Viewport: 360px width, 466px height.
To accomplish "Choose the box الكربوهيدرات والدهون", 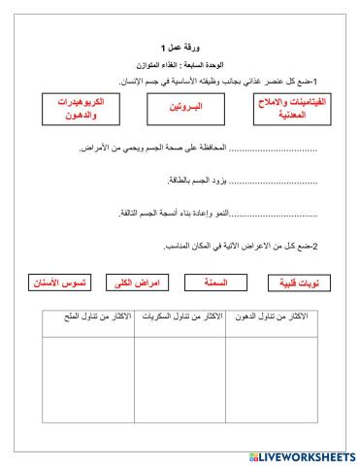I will (x=78, y=109).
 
